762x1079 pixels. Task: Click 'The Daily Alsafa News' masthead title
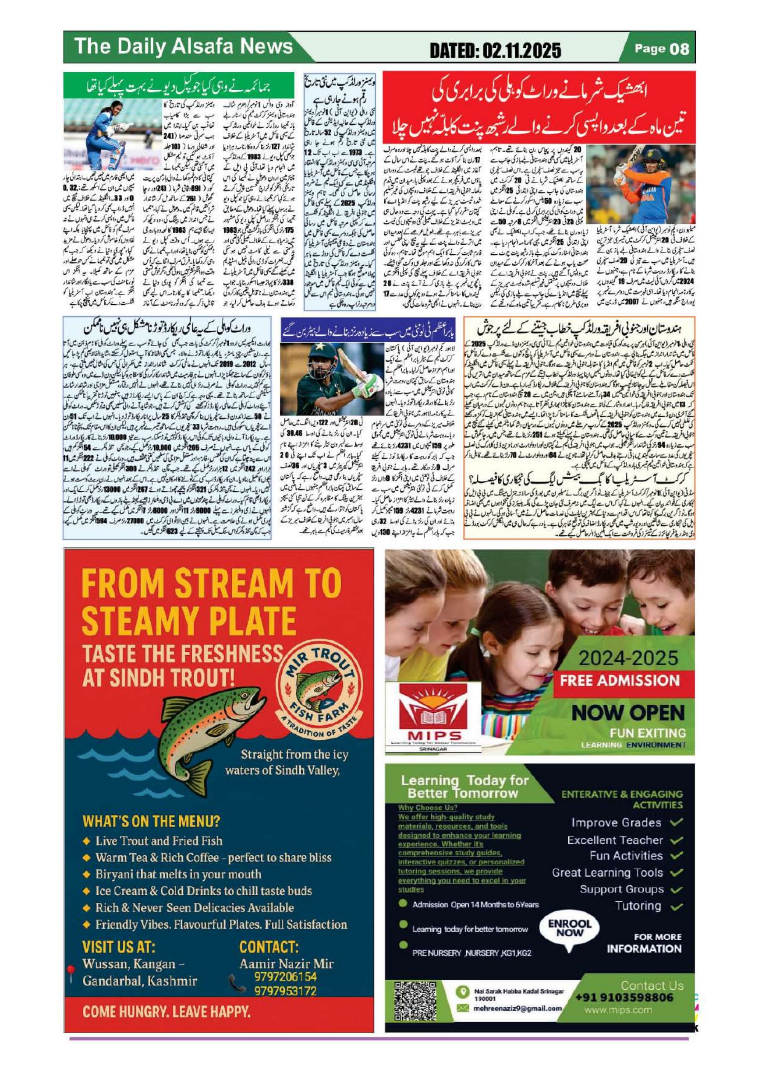pos(183,47)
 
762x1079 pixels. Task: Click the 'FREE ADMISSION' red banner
pos(620,680)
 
